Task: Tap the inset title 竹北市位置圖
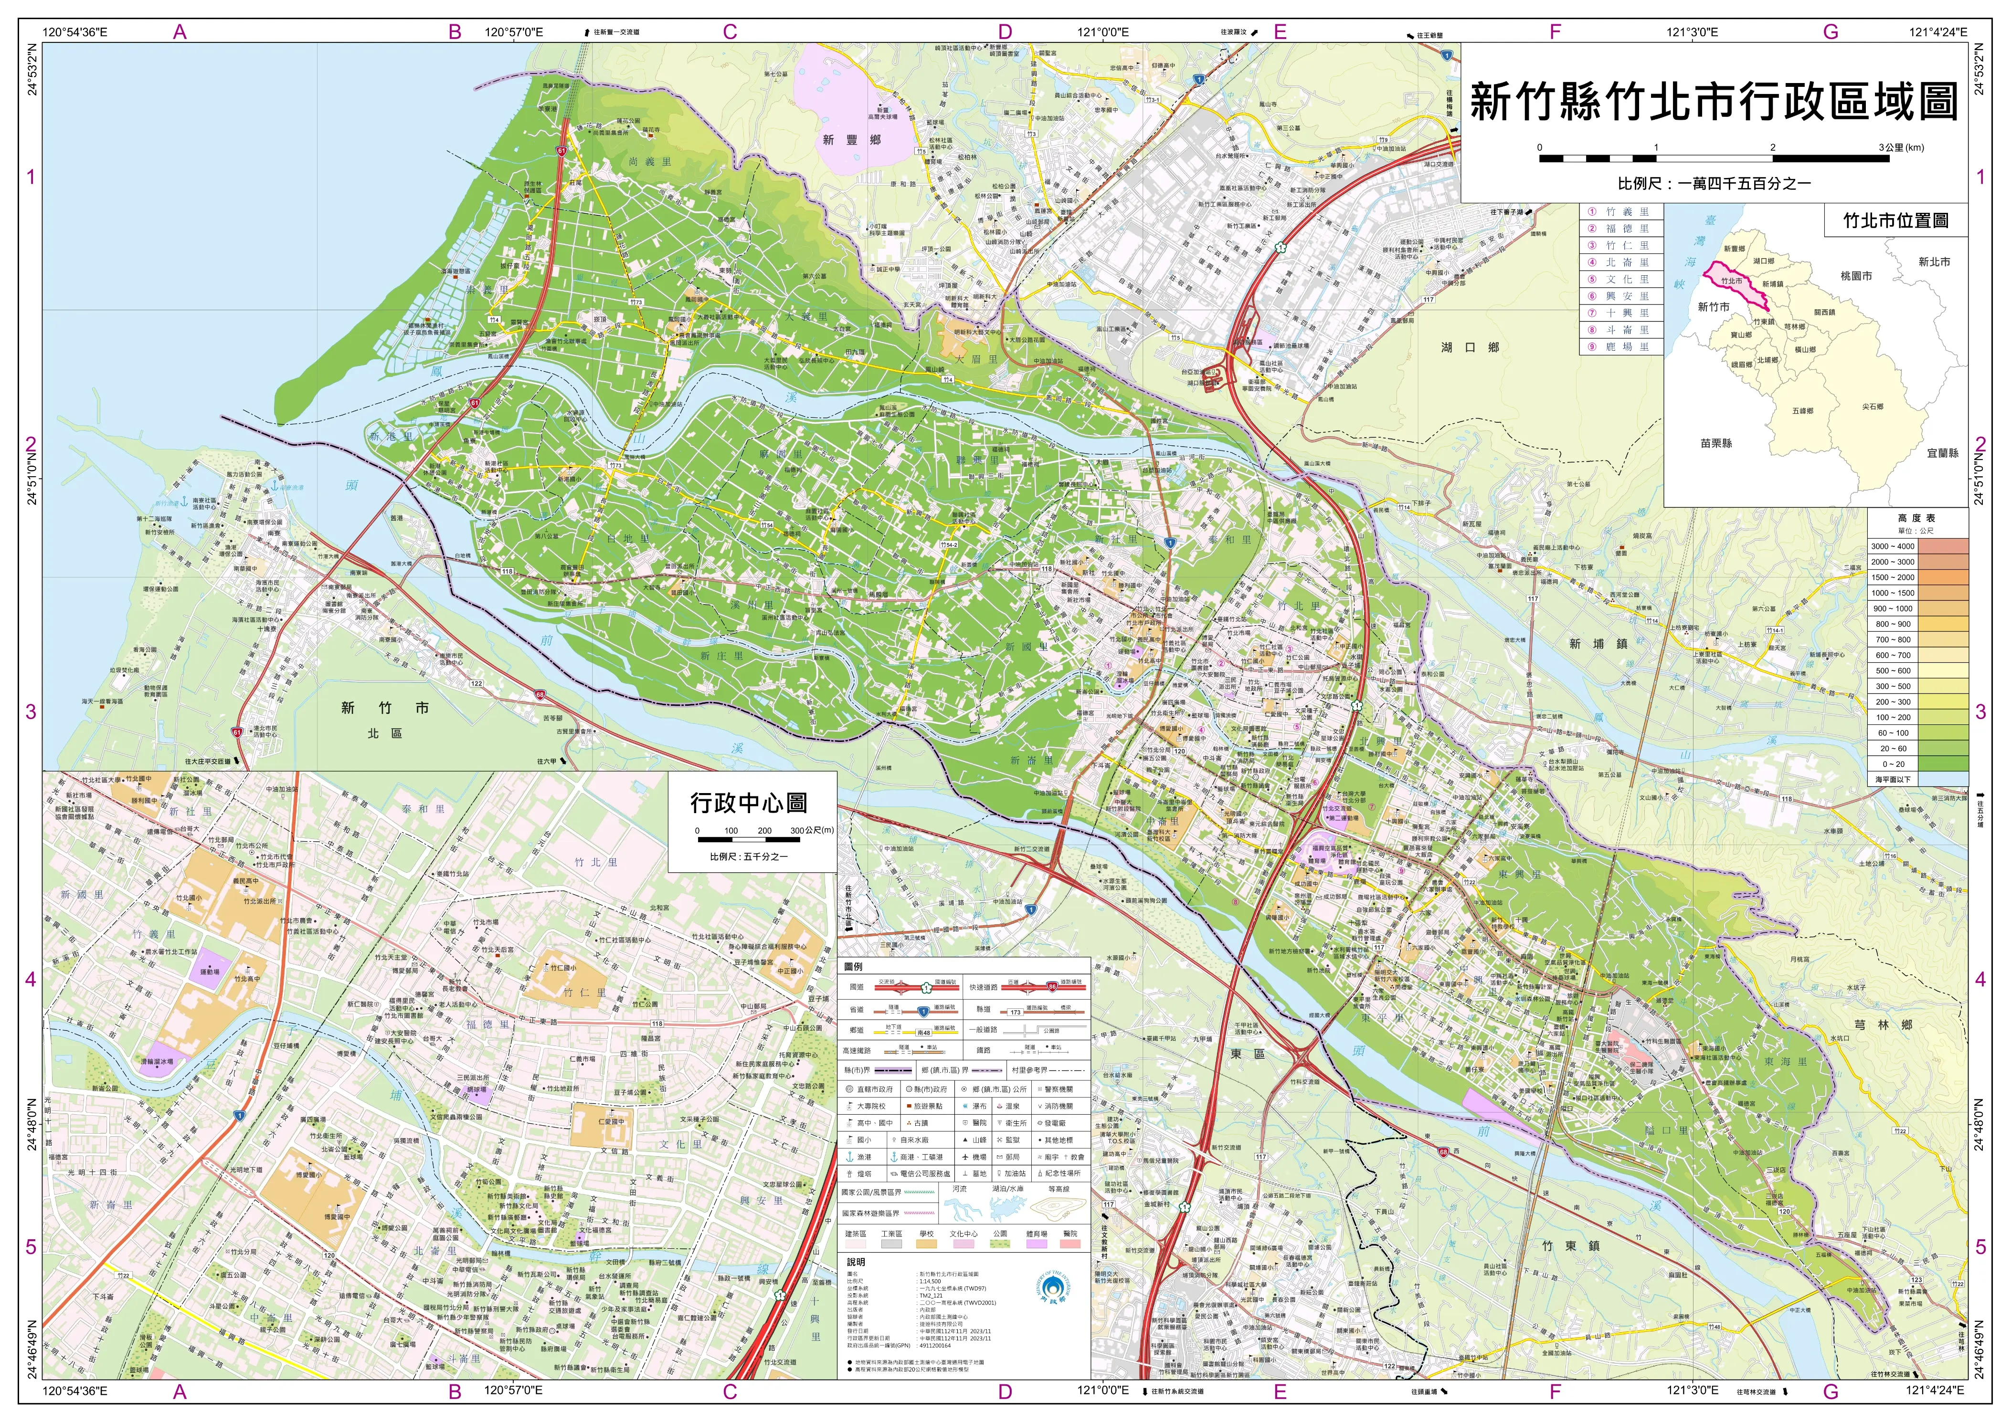(1895, 220)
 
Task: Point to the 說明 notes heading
(856, 1262)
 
